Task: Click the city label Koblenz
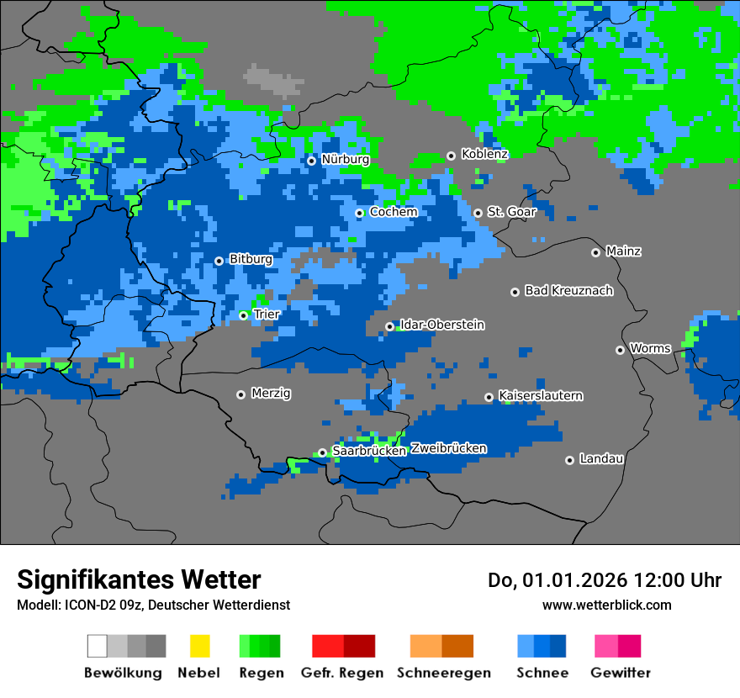point(484,154)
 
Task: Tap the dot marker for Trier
point(243,315)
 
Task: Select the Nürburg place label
point(345,159)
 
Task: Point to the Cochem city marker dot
point(359,213)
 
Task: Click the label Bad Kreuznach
point(568,290)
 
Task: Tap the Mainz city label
point(623,251)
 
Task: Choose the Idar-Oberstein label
point(442,325)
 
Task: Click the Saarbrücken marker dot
point(322,452)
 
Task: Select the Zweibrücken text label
point(448,448)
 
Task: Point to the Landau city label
point(601,458)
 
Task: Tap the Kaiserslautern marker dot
point(489,397)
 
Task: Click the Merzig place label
point(271,393)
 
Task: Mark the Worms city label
point(650,348)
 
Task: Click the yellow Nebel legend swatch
point(199,646)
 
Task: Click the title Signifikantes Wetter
point(139,579)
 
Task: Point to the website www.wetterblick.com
point(606,605)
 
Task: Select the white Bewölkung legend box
point(98,646)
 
